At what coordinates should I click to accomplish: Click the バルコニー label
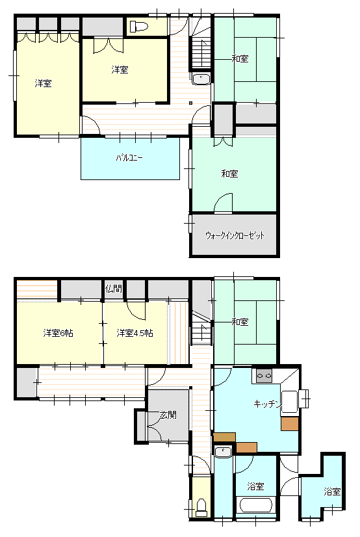(129, 158)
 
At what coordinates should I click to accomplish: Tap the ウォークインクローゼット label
(235, 235)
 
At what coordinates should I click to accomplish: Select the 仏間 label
(113, 289)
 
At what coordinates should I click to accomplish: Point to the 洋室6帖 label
(58, 333)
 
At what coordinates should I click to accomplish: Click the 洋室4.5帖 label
(135, 333)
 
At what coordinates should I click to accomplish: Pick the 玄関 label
(168, 415)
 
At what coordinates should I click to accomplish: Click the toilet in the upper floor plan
(138, 26)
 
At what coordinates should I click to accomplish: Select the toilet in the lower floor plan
(201, 508)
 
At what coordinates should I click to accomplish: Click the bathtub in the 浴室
(256, 504)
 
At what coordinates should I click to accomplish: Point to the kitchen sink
(290, 402)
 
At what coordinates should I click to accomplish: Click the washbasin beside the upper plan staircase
(201, 79)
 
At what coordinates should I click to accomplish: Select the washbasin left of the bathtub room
(224, 452)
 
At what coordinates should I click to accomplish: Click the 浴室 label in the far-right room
(332, 491)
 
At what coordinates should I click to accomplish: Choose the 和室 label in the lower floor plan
(240, 322)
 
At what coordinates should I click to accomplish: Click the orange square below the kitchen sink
(290, 424)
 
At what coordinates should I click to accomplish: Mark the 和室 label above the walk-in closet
(229, 174)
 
